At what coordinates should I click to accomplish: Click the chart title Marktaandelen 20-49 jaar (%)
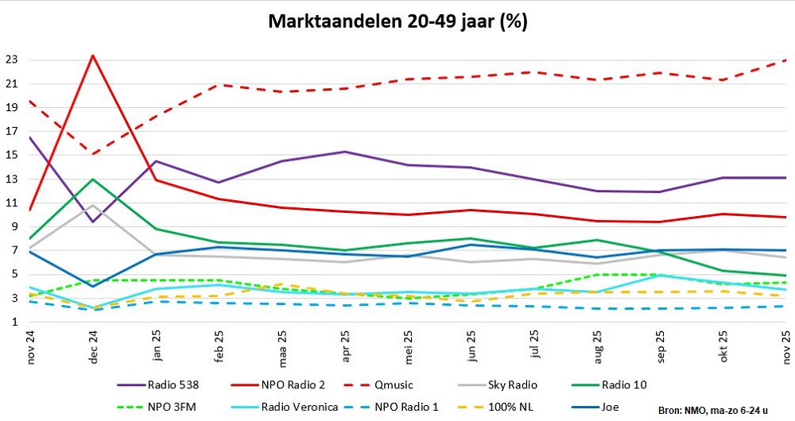coord(397,21)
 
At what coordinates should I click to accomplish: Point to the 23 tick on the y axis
coord(11,60)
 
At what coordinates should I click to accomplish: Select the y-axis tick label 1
coord(14,322)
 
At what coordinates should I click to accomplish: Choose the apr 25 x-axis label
coord(345,343)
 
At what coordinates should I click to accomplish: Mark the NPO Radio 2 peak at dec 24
coord(94,56)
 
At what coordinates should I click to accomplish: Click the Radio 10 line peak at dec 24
coord(94,179)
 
